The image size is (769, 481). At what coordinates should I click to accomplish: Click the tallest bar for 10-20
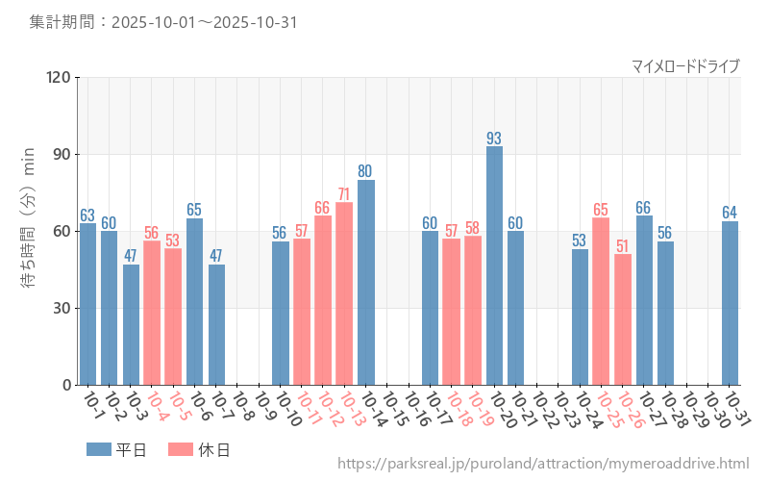pos(494,266)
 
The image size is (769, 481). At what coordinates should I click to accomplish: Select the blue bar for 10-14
pos(366,282)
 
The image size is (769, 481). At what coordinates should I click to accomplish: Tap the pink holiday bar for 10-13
pos(344,293)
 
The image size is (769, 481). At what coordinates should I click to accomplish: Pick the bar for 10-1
pos(87,304)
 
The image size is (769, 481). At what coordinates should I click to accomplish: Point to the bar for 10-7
pos(216,324)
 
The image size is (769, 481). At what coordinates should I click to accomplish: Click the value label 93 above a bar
pos(494,138)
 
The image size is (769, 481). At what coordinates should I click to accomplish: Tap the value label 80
pos(366,171)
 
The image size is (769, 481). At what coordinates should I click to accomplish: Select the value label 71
pos(344,194)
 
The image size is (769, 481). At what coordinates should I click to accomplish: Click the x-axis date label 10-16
pos(415,409)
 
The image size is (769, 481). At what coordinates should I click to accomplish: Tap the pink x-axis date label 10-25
pos(608,409)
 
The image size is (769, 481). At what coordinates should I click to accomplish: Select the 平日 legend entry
pos(116,449)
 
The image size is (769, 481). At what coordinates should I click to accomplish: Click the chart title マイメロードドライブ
pos(685,65)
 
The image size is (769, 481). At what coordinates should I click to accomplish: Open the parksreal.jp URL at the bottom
pos(543,464)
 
